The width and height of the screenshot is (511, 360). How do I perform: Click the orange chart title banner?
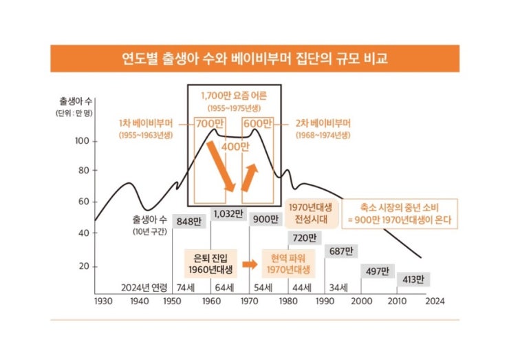click(254, 59)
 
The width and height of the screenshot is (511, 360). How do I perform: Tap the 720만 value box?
click(303, 238)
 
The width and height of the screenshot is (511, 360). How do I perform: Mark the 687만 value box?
click(340, 251)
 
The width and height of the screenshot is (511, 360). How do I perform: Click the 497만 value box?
click(376, 270)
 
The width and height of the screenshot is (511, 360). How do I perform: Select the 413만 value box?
click(413, 279)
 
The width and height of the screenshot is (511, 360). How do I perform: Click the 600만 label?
click(257, 124)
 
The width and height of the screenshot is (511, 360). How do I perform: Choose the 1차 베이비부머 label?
click(146, 124)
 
